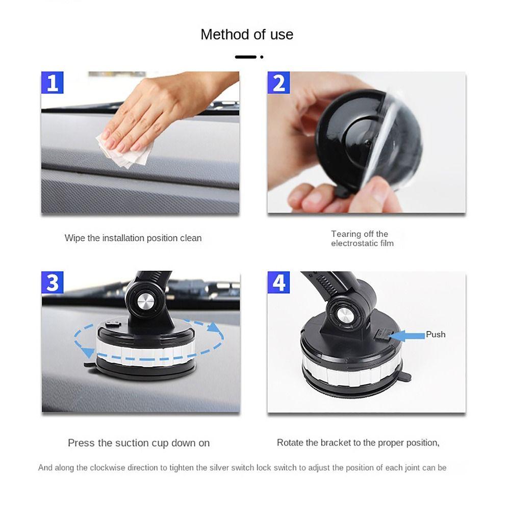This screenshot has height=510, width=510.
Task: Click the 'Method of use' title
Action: click(x=247, y=35)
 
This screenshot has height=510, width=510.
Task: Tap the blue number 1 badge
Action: click(x=52, y=83)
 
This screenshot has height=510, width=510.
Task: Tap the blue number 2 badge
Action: click(x=278, y=83)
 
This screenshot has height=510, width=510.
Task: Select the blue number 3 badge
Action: click(x=52, y=283)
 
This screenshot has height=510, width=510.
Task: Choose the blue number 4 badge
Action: click(x=278, y=283)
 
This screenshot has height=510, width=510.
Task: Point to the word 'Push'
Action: click(x=436, y=335)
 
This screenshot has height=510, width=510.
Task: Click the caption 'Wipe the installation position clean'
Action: click(x=133, y=238)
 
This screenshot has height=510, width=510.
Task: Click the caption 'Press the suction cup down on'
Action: click(x=139, y=443)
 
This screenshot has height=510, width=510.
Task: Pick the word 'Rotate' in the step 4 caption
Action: click(x=290, y=443)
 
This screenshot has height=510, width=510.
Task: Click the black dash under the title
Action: click(x=245, y=57)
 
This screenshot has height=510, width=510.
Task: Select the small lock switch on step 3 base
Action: click(x=113, y=324)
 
